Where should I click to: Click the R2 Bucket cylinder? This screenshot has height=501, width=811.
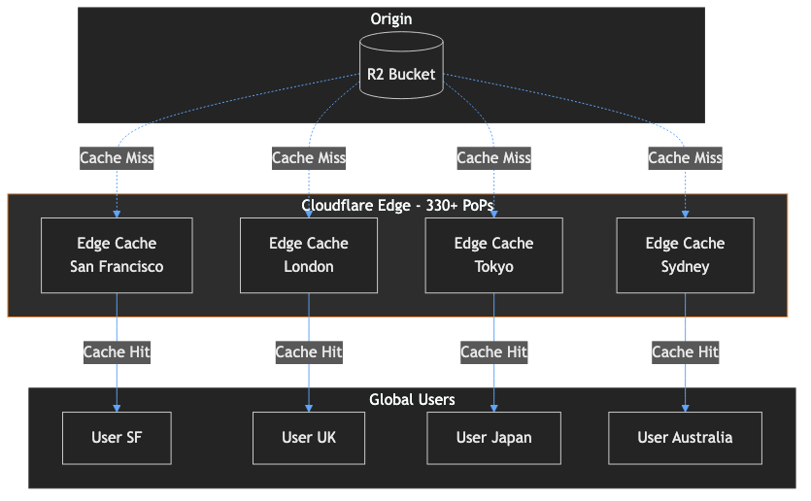[x=401, y=66]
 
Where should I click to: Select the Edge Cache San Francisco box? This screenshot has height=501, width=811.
[x=117, y=255]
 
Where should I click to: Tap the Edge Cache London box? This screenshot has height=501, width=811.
[x=309, y=255]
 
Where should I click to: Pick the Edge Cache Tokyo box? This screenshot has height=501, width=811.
[x=493, y=255]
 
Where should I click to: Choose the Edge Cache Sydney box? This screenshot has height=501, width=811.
[x=685, y=255]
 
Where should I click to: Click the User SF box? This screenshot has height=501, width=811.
[x=117, y=438]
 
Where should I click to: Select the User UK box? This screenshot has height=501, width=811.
[x=309, y=438]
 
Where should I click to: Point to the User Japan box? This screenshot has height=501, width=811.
[x=493, y=438]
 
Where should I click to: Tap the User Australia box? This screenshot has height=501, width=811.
[x=685, y=438]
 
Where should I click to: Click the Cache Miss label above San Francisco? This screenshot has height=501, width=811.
[x=117, y=157]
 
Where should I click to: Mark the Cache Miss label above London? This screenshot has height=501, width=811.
[x=309, y=157]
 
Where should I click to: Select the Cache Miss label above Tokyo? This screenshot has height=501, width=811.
[x=493, y=157]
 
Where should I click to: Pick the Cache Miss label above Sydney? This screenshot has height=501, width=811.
[x=685, y=157]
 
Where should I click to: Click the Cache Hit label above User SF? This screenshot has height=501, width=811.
[x=117, y=351]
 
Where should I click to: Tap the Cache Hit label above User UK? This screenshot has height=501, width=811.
[x=309, y=351]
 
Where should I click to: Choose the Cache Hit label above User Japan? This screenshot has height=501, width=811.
[x=493, y=351]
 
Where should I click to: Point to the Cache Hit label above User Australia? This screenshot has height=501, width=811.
[x=685, y=351]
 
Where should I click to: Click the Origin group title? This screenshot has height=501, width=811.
[x=391, y=19]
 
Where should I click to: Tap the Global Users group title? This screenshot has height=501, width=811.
[x=412, y=399]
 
